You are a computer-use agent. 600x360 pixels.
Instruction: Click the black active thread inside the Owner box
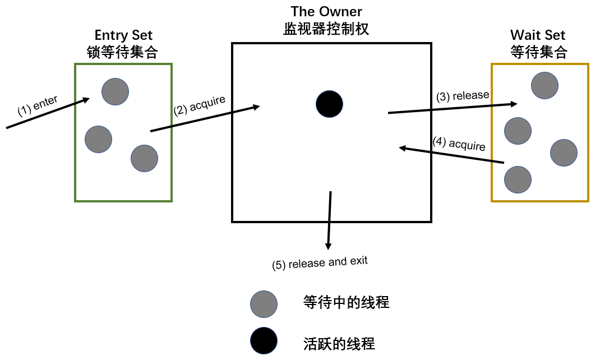click(329, 104)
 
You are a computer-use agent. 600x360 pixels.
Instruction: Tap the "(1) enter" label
click(38, 105)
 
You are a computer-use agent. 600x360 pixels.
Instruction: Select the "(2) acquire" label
click(200, 105)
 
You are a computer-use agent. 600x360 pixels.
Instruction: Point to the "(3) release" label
click(463, 96)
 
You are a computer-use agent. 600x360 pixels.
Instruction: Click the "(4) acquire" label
click(459, 144)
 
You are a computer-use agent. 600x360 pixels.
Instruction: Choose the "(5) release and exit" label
click(320, 263)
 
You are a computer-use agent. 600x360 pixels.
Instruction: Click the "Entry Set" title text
click(123, 35)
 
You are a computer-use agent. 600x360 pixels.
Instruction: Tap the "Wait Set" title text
click(538, 35)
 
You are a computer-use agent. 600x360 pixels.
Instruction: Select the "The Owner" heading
click(326, 12)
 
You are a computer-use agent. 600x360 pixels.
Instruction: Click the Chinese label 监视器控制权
click(326, 29)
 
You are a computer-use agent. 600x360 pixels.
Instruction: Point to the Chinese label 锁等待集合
click(122, 52)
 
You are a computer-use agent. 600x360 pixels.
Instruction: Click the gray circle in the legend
click(264, 304)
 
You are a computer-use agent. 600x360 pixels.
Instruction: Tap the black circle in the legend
click(264, 340)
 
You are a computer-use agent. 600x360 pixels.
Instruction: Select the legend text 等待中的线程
click(347, 302)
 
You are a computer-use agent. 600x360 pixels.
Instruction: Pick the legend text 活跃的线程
click(339, 344)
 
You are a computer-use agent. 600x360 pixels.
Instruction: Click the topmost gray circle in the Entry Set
click(115, 92)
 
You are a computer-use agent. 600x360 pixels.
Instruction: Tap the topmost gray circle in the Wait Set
click(544, 86)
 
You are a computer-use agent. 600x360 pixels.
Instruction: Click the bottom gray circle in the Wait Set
click(518, 179)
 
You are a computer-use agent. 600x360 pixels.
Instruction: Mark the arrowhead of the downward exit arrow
click(328, 246)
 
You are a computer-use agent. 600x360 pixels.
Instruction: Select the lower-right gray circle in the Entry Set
click(144, 158)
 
